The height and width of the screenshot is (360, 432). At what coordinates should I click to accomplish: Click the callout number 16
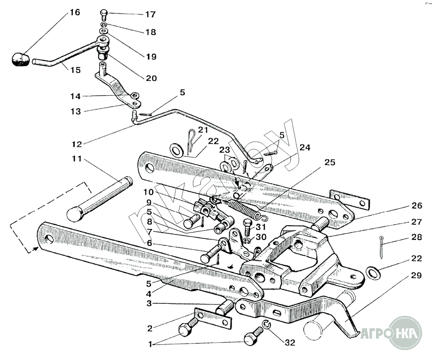click(74, 12)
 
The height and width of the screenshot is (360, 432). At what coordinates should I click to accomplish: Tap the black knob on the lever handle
click(20, 59)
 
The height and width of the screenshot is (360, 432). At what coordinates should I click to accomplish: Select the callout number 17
click(150, 14)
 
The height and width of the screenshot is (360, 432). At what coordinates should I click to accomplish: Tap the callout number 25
click(330, 162)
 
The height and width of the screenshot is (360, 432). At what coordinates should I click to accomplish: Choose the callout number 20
click(151, 78)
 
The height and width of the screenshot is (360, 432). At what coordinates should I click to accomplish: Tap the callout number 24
click(305, 147)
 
